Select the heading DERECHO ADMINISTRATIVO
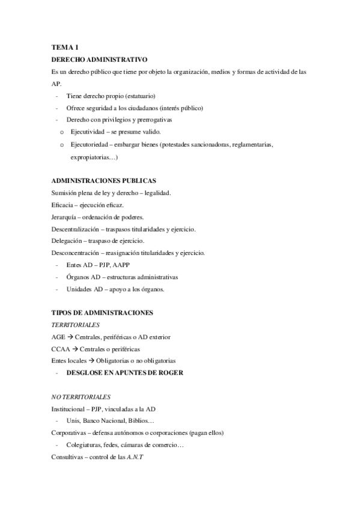[x=100, y=60]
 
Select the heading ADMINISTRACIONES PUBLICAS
[x=104, y=180]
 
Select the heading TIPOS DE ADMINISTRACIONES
[x=103, y=313]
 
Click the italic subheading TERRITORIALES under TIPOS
[x=76, y=325]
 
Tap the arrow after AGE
[x=70, y=337]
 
